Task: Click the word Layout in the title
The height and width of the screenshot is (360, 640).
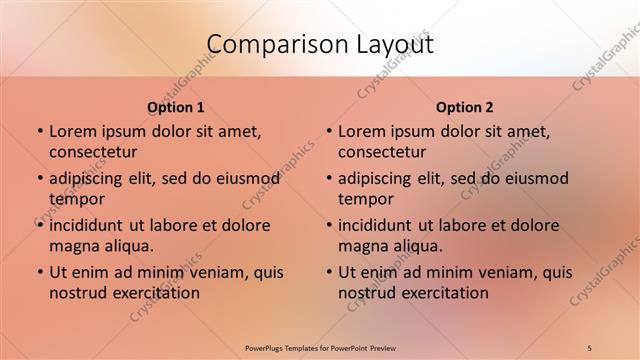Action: point(389,45)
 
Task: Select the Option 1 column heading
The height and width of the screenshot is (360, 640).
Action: point(176,107)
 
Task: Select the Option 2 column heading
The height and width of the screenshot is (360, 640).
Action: point(465,107)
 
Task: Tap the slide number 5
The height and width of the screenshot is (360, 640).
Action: point(590,347)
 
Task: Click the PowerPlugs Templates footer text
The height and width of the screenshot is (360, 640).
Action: point(319,347)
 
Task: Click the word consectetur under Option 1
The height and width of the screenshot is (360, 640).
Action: point(93,152)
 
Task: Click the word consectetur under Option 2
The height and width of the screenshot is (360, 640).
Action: point(383,152)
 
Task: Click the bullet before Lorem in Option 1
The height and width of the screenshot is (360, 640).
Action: point(39,132)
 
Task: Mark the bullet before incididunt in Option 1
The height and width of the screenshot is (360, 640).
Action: point(39,226)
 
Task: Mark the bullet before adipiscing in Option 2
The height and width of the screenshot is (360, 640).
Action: point(329,179)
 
